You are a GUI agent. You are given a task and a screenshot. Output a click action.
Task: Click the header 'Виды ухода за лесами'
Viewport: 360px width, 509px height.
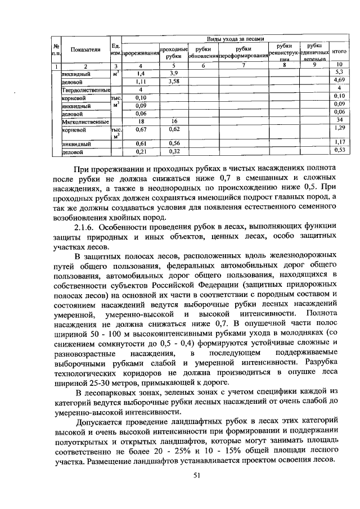(235, 39)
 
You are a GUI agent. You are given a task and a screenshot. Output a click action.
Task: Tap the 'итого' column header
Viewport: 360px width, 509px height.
(339, 51)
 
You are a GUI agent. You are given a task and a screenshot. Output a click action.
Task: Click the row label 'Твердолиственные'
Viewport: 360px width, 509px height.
(85, 89)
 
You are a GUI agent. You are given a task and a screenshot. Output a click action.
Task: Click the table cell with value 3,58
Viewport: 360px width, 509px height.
(173, 82)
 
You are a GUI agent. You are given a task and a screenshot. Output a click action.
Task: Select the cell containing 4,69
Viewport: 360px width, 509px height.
(339, 82)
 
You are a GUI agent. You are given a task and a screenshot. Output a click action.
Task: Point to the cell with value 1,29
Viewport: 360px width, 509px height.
(339, 129)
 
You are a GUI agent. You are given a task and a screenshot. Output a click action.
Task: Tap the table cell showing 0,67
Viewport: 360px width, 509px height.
(141, 129)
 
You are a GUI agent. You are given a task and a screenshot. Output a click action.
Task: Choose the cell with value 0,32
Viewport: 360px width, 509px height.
(173, 151)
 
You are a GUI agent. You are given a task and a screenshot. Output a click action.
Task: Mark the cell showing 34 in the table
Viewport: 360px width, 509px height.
(339, 121)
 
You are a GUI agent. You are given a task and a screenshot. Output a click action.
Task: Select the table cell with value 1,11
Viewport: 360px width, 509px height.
(141, 82)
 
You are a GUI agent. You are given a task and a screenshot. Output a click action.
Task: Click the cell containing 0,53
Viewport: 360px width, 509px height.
(339, 151)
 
